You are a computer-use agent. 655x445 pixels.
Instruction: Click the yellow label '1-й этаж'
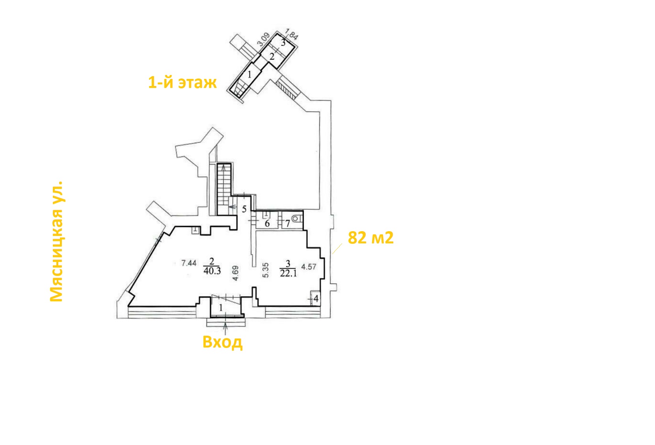pyautogui.click(x=182, y=82)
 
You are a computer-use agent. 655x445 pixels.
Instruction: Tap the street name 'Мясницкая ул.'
pyautogui.click(x=56, y=241)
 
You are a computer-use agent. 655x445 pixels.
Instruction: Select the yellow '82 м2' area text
pyautogui.click(x=370, y=237)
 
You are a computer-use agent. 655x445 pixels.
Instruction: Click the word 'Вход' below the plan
pyautogui.click(x=223, y=342)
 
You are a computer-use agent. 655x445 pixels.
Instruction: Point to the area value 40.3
pyautogui.click(x=212, y=271)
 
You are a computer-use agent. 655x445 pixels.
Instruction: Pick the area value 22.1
pyautogui.click(x=288, y=273)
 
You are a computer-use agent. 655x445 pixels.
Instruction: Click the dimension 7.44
pyautogui.click(x=189, y=263)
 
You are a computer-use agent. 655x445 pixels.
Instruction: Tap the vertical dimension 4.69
pyautogui.click(x=235, y=273)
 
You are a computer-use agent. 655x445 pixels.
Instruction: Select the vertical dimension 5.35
pyautogui.click(x=265, y=270)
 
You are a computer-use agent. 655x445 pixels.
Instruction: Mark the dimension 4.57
pyautogui.click(x=309, y=267)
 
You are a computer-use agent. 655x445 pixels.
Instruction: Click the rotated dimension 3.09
pyautogui.click(x=264, y=39)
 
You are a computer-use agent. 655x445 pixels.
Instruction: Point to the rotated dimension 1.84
pyautogui.click(x=291, y=34)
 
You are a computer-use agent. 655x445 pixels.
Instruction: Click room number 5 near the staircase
pyautogui.click(x=244, y=209)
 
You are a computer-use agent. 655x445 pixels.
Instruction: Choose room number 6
pyautogui.click(x=267, y=224)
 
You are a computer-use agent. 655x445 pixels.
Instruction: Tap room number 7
pyautogui.click(x=288, y=224)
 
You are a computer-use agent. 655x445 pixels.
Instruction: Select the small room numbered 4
pyautogui.click(x=316, y=299)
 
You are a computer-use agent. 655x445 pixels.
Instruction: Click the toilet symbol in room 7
pyautogui.click(x=296, y=219)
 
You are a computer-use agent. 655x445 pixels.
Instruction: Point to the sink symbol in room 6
pyautogui.click(x=266, y=215)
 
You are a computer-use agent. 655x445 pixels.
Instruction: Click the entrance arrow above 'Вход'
pyautogui.click(x=225, y=328)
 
